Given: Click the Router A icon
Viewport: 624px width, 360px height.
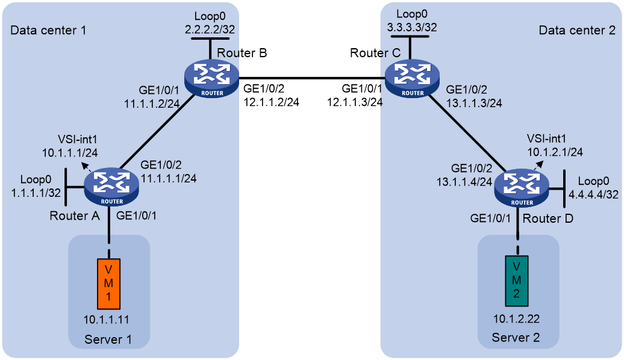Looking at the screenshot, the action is [x=111, y=187].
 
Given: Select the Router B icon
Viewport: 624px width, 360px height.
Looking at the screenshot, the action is [x=212, y=78].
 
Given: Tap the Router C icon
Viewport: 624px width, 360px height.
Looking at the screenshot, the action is [x=412, y=78].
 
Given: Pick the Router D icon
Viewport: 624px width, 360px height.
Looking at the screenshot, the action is [x=522, y=188].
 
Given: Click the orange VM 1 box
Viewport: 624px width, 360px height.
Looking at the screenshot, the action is [x=108, y=284].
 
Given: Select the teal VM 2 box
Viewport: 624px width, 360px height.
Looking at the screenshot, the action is [x=517, y=281].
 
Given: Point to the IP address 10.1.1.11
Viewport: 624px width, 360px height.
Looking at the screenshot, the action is [x=106, y=320].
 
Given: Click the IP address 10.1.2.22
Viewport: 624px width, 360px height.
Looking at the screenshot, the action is [x=517, y=318].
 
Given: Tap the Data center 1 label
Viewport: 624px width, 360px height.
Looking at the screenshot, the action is [x=48, y=30].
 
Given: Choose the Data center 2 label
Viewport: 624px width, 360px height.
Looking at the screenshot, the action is [x=577, y=30].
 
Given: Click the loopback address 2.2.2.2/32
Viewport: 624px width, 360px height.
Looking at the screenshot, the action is [x=210, y=29].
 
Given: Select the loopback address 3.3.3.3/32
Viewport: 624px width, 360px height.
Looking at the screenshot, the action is [x=412, y=27].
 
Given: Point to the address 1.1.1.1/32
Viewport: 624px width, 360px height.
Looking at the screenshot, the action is [x=36, y=193].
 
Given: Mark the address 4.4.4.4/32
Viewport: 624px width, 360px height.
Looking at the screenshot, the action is [x=593, y=194].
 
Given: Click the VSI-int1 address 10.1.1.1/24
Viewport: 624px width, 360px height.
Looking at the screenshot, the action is [x=70, y=153].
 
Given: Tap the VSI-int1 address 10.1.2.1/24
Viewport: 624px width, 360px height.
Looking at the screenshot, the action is [x=555, y=152].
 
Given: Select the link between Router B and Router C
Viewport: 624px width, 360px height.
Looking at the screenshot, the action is [x=312, y=78].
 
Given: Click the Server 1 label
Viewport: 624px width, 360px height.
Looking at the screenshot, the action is [x=108, y=340].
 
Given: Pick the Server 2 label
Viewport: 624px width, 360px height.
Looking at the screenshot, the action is [x=516, y=338].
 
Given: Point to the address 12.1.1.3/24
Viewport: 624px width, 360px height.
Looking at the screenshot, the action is [x=355, y=102].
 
